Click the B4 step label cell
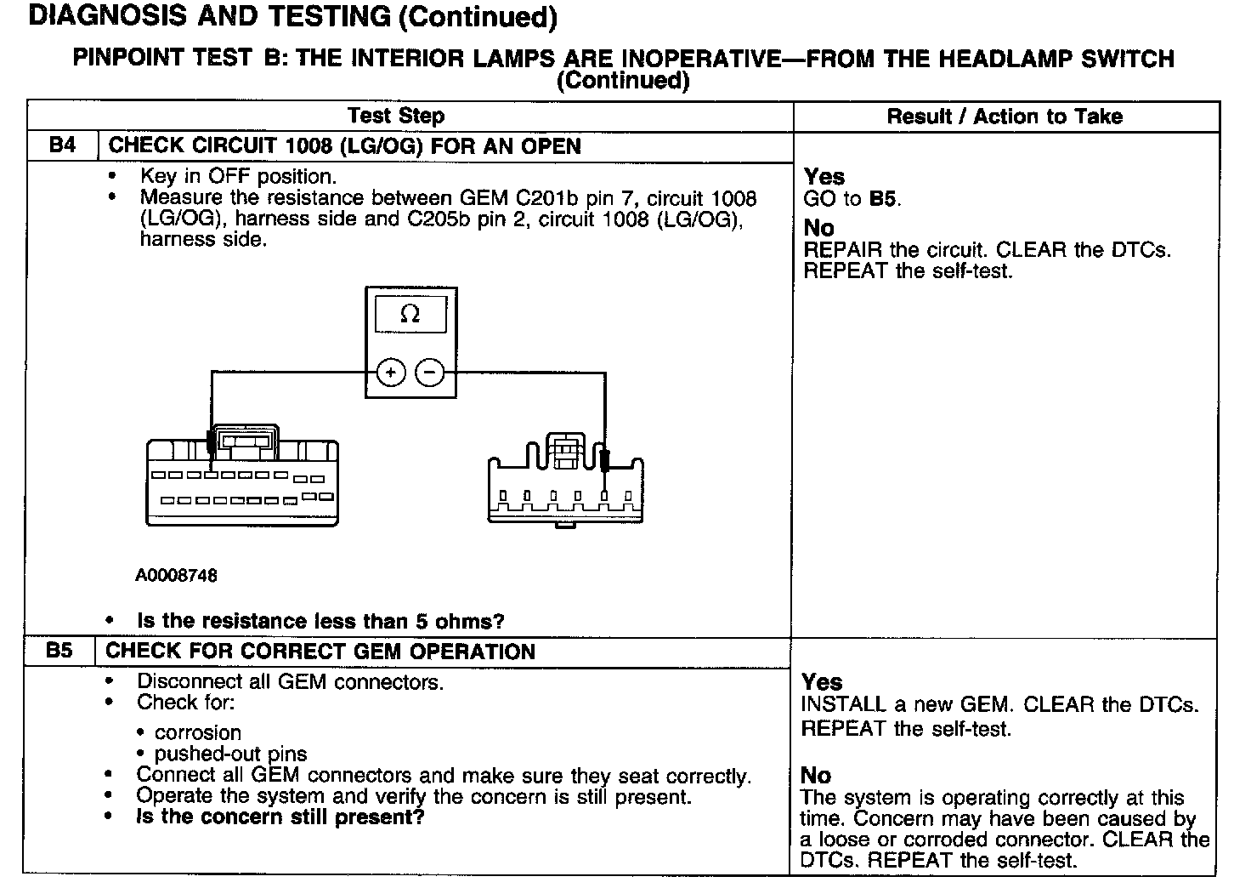click(62, 145)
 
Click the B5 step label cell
click(59, 652)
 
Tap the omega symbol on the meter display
click(410, 314)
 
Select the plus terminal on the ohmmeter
click(390, 373)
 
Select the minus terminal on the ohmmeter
click(430, 373)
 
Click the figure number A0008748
click(176, 576)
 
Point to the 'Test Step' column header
click(396, 116)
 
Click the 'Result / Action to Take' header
click(1005, 117)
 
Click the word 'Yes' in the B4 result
click(824, 177)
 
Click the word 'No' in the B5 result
click(816, 775)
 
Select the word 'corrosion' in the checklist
click(198, 732)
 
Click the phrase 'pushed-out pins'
click(231, 754)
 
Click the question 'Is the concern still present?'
click(280, 817)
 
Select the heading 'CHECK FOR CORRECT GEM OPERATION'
click(320, 652)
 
